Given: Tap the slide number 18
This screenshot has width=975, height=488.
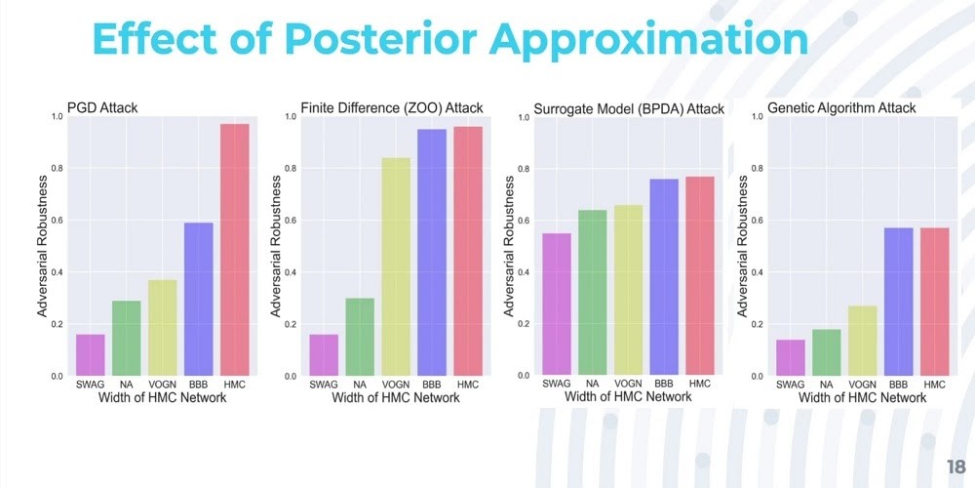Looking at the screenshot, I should (955, 466).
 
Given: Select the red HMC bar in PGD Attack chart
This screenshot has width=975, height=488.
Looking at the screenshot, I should (235, 250).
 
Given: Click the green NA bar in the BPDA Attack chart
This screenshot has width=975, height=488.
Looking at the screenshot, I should (593, 292).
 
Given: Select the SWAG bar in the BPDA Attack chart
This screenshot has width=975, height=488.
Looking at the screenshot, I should (556, 304).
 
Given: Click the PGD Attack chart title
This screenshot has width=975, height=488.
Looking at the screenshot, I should (101, 106).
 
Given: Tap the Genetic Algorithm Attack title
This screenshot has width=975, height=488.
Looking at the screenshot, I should (842, 107).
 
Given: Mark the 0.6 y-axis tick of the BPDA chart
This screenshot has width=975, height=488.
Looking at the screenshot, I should (524, 221).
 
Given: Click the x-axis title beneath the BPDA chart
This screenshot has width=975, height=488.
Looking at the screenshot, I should (628, 397).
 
